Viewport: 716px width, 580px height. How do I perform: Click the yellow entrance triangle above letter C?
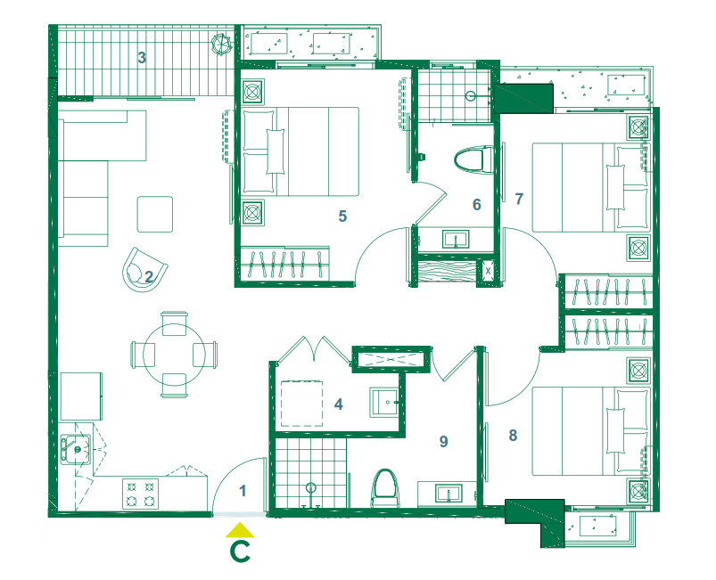tap(240, 530)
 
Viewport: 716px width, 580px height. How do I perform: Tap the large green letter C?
tap(240, 551)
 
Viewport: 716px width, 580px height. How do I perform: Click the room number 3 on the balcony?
tap(142, 58)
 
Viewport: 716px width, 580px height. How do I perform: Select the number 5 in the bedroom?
tap(342, 216)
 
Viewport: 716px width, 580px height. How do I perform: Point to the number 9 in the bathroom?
tap(443, 441)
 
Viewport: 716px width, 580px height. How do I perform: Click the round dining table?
tap(174, 355)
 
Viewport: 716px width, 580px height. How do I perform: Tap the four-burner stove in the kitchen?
tap(140, 494)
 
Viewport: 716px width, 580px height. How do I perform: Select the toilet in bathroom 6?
tap(474, 159)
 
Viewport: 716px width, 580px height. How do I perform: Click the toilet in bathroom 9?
tap(386, 488)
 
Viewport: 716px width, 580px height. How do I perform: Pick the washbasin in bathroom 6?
tap(456, 239)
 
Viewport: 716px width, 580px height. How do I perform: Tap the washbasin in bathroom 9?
tap(449, 494)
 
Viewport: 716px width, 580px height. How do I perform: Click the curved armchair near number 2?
tap(144, 270)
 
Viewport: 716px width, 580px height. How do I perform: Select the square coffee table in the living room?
tap(155, 214)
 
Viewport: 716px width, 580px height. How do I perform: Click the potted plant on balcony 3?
tap(222, 45)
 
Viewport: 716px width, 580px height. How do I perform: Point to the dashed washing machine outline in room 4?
tap(301, 404)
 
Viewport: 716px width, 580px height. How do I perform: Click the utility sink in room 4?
tap(384, 402)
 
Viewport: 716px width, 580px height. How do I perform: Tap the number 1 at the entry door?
tap(243, 491)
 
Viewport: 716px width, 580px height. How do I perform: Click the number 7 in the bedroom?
tap(519, 199)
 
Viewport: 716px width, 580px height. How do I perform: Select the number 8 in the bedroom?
tap(513, 436)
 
